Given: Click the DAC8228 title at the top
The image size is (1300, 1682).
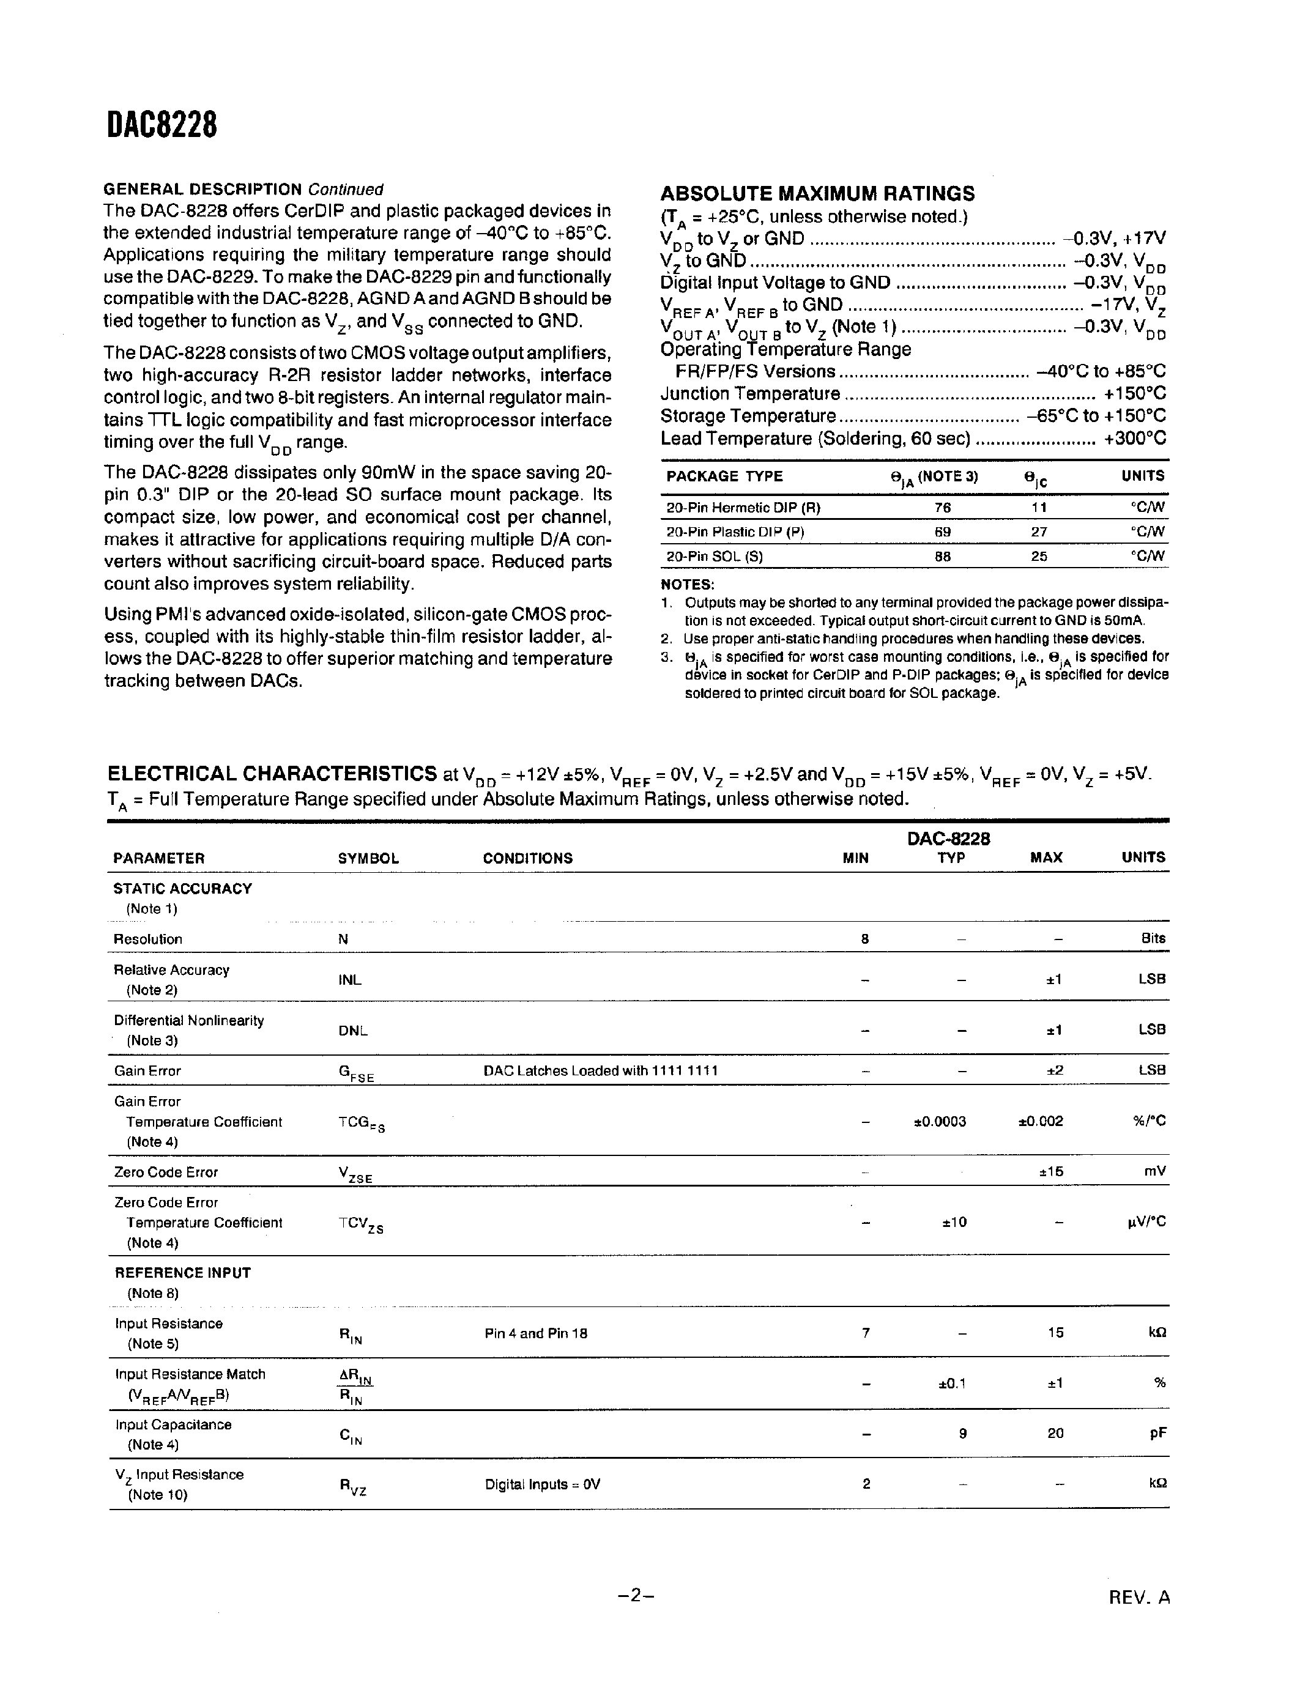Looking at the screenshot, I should (162, 125).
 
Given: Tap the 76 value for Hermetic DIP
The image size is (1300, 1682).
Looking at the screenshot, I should (942, 508).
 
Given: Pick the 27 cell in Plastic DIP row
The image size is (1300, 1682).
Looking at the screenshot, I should (1038, 532).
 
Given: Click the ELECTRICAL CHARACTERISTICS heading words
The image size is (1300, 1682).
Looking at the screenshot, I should (272, 773).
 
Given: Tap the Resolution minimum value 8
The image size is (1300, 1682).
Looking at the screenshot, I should (865, 939).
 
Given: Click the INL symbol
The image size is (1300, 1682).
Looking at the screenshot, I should (350, 980).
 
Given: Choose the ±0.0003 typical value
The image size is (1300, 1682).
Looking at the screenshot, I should (940, 1121).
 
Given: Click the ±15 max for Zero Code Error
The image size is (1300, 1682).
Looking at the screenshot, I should (1050, 1171).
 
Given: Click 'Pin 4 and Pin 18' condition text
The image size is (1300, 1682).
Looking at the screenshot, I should (535, 1333).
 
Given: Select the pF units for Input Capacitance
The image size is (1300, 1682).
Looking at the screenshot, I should (1157, 1433).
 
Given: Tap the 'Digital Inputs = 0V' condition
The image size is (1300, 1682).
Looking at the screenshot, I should (542, 1484).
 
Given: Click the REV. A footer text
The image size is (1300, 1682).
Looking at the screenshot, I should (1139, 1597).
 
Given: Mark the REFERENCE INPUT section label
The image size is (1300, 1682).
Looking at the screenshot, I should (182, 1273).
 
